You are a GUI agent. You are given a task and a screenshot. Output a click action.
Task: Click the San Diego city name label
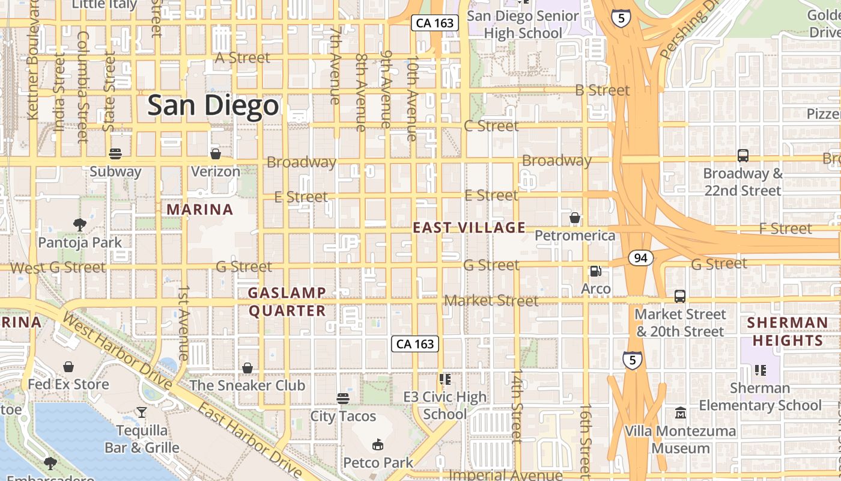pos(213,106)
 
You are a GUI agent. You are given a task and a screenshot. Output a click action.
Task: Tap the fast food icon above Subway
pos(115,154)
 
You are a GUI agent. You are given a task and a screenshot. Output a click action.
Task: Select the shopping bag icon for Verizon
pos(215,154)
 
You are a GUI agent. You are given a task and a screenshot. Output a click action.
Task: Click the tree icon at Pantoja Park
pos(79,225)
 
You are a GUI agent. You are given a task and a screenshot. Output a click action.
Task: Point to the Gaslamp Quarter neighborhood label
pos(287,302)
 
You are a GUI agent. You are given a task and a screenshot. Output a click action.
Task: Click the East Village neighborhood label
pos(469,227)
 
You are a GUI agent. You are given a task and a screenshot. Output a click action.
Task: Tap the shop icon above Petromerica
pos(575,218)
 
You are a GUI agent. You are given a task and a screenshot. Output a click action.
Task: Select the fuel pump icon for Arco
pos(595,271)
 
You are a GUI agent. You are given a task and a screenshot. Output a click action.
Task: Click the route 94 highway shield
pos(641,258)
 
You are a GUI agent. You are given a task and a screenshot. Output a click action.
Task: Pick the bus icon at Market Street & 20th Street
pos(680,296)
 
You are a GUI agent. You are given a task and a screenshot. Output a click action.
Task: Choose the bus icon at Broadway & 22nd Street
pos(743,156)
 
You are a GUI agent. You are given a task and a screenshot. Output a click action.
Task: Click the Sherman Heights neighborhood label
pos(788,332)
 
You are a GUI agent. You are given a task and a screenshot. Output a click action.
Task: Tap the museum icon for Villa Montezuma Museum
pos(680,414)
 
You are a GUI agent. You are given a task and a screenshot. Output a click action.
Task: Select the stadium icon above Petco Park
pos(378,445)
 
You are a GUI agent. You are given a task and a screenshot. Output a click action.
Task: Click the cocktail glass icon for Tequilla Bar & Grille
pos(142,412)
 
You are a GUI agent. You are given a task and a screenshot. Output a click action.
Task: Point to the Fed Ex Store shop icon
pos(69,367)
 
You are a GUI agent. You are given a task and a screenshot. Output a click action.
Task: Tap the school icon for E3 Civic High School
pos(445,379)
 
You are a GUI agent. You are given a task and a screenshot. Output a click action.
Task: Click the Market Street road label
pos(491,300)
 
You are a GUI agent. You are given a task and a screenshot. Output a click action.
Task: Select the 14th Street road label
pos(517,406)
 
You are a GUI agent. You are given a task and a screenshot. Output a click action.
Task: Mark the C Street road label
pos(491,126)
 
